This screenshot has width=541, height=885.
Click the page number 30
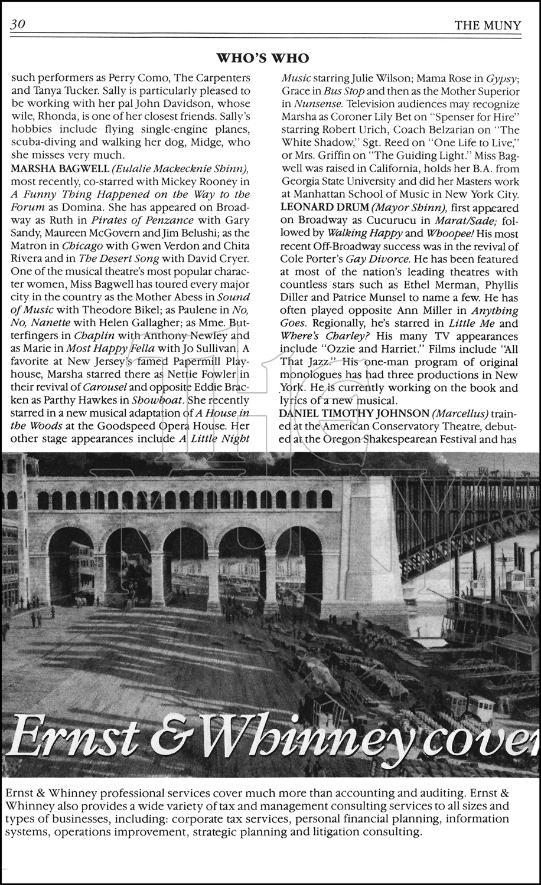tap(17, 25)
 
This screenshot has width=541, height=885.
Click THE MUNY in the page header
tap(488, 25)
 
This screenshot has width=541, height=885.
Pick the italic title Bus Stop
tap(346, 91)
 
